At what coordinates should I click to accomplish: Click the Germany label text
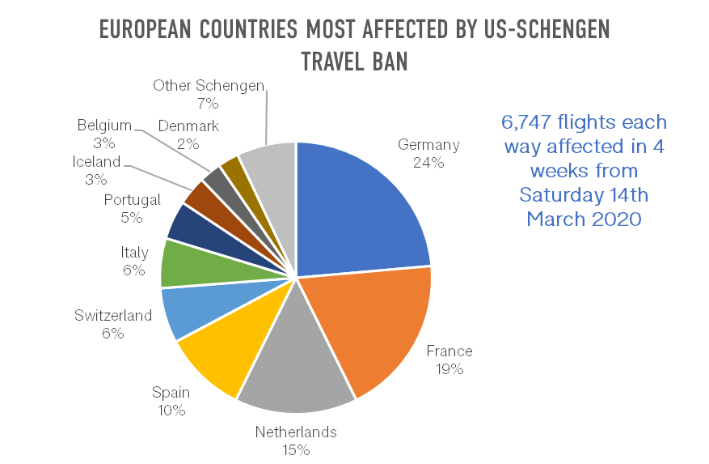tap(428, 145)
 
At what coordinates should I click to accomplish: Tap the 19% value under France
tap(449, 369)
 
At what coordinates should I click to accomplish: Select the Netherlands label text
tap(296, 432)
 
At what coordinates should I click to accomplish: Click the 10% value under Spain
tap(171, 411)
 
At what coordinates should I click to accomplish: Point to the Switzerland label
tap(113, 315)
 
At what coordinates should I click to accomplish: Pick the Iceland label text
tap(96, 162)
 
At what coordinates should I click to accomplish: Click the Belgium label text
tap(104, 126)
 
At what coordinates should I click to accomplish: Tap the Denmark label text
tap(188, 126)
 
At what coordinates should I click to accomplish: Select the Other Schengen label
tap(209, 86)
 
